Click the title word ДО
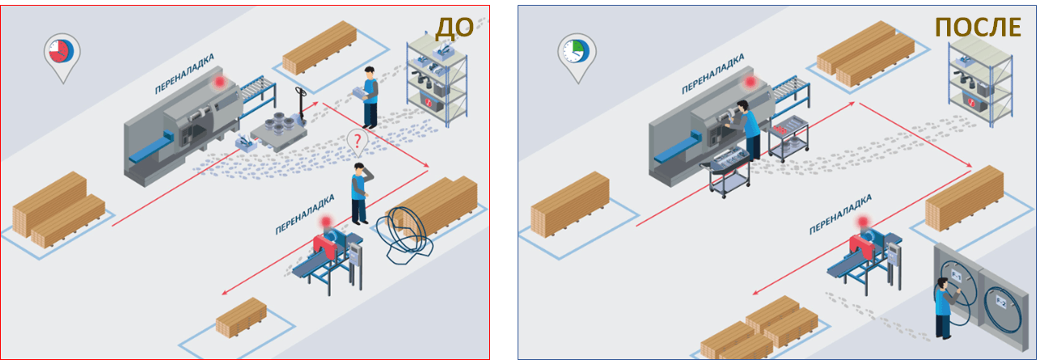454,28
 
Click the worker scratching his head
361,193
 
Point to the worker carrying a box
368,97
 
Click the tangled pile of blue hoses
404,235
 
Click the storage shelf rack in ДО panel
437,79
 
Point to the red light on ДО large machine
218,83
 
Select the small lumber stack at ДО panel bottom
241,317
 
